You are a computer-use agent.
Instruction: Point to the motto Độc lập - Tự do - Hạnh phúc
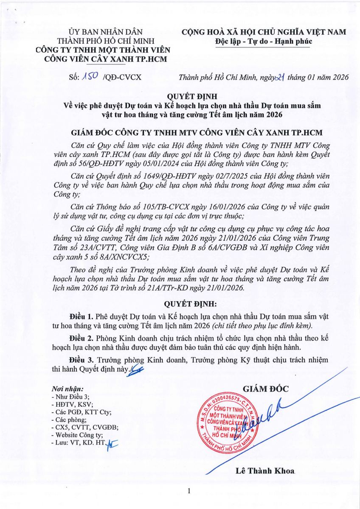[264, 41]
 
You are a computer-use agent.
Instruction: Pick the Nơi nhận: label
[67, 389]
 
